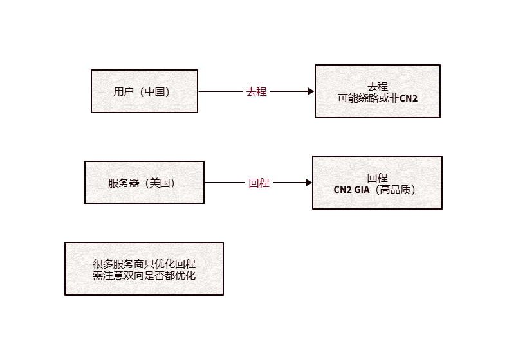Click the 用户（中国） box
pyautogui.click(x=144, y=91)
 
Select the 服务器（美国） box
pyautogui.click(x=144, y=183)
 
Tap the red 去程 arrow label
pyautogui.click(x=256, y=91)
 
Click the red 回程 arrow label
pyautogui.click(x=259, y=183)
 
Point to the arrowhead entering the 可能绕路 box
pyautogui.click(x=311, y=91)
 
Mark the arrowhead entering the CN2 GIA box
pyautogui.click(x=309, y=183)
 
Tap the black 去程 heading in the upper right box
pyautogui.click(x=378, y=86)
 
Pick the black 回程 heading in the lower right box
pyautogui.click(x=377, y=177)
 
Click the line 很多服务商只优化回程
pyautogui.click(x=144, y=264)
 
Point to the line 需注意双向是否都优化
pyautogui.click(x=144, y=275)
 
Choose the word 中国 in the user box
pyautogui.click(x=154, y=91)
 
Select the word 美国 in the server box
pyautogui.click(x=158, y=183)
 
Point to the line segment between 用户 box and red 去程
pyautogui.click(x=220, y=91)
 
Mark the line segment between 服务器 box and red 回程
pyautogui.click(x=225, y=183)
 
